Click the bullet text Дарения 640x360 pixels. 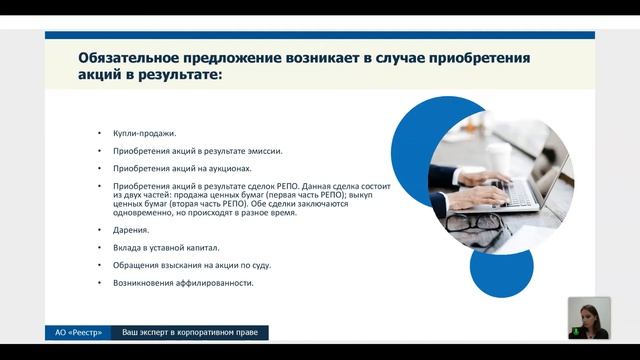[130, 229]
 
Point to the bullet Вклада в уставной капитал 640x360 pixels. [164, 247]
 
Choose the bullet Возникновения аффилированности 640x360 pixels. [184, 283]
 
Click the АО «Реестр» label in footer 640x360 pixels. [75, 332]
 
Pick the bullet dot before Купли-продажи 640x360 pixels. [99, 133]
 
